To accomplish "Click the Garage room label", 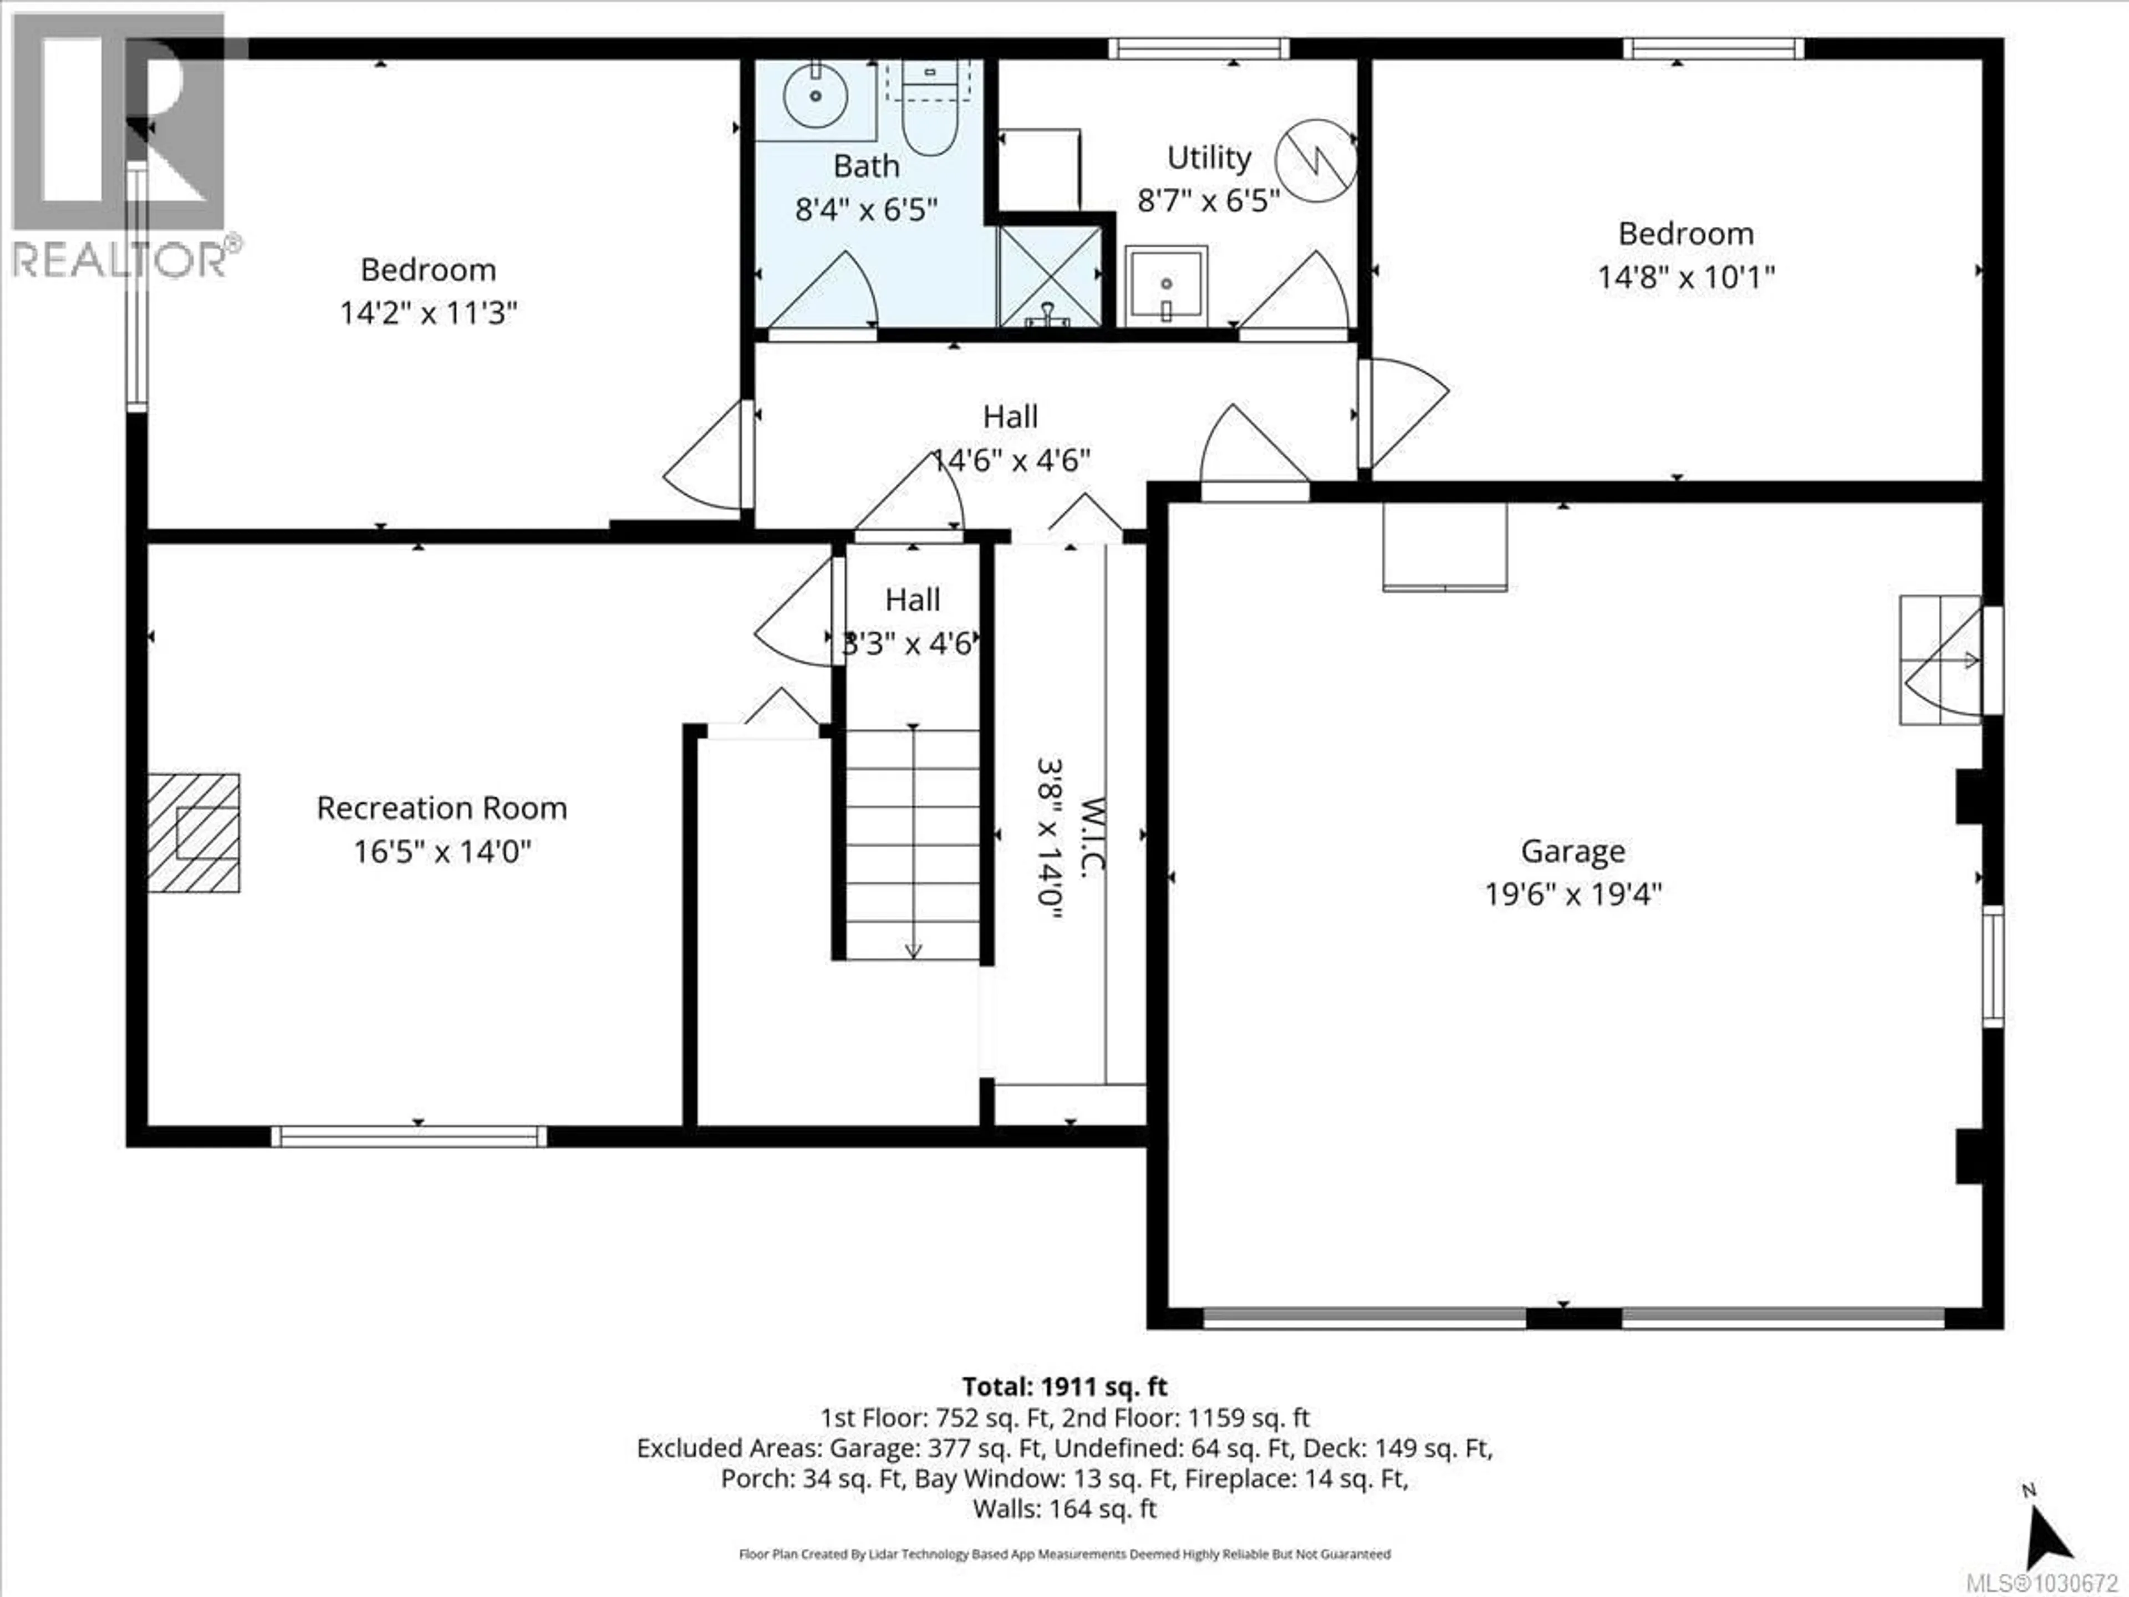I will (1573, 851).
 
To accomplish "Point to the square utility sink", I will (1165, 284).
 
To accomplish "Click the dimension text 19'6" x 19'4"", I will (1573, 895).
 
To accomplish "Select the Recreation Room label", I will (442, 807).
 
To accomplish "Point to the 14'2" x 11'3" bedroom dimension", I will (429, 313).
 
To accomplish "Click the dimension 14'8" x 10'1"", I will (1685, 277).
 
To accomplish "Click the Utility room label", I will (1209, 157).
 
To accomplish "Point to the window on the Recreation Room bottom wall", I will (409, 1136).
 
